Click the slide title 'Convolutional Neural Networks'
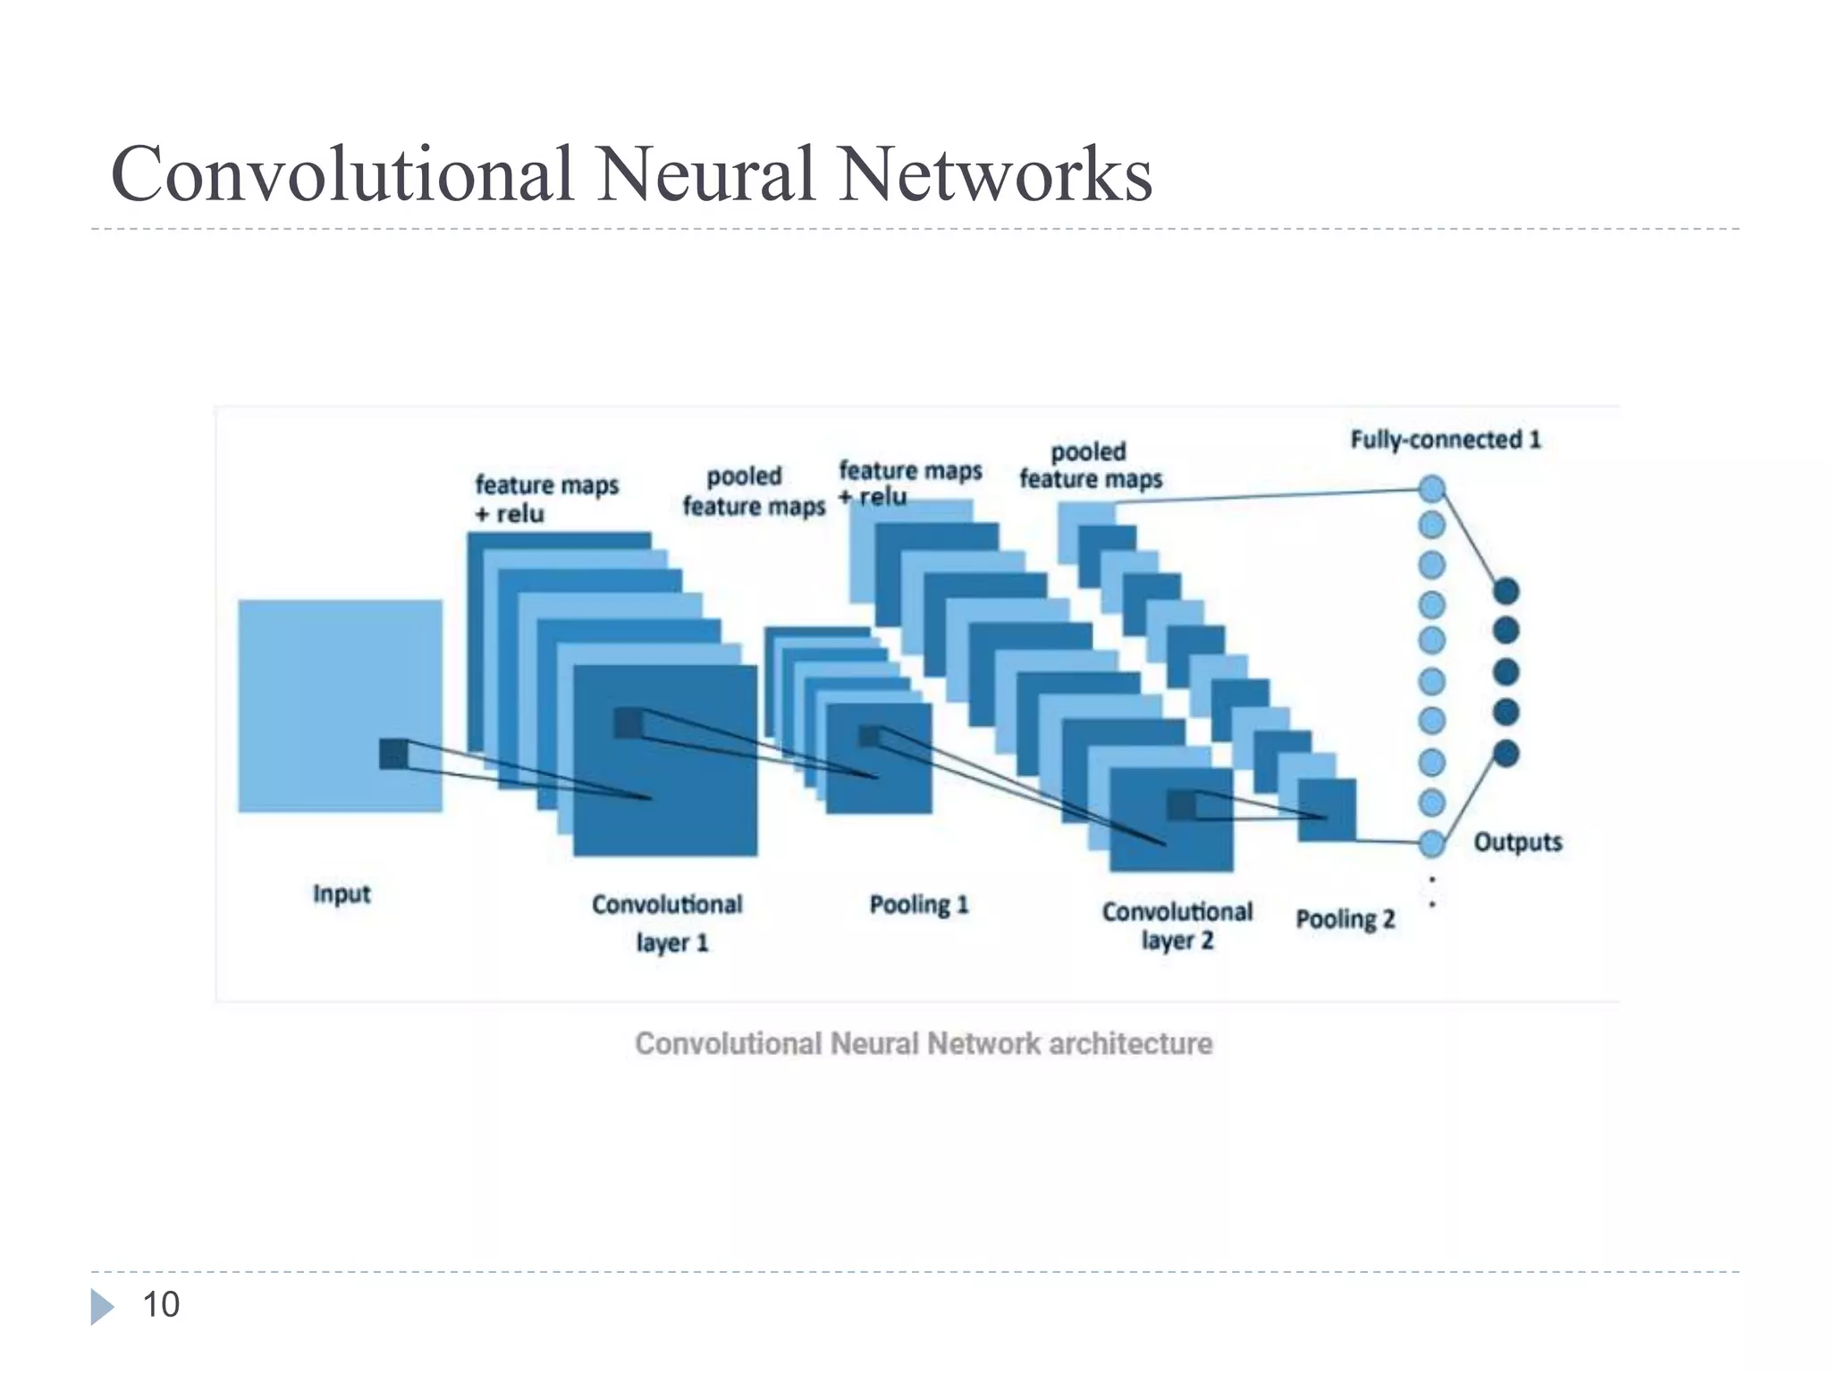pyautogui.click(x=631, y=173)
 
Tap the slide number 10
pyautogui.click(x=161, y=1305)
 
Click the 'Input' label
pyautogui.click(x=342, y=894)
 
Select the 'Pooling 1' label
pyautogui.click(x=919, y=905)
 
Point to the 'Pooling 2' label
pyautogui.click(x=1346, y=919)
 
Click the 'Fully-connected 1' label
pyautogui.click(x=1446, y=440)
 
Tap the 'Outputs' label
pyautogui.click(x=1517, y=842)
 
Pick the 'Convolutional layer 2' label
pyautogui.click(x=1177, y=925)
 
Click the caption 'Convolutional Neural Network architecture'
pyautogui.click(x=924, y=1043)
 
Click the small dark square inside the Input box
pyautogui.click(x=393, y=754)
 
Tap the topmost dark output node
pyautogui.click(x=1506, y=591)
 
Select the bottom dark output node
pyautogui.click(x=1506, y=754)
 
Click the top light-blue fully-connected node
pyautogui.click(x=1432, y=489)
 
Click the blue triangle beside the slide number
pyautogui.click(x=102, y=1306)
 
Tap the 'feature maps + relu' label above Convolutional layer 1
pyautogui.click(x=545, y=499)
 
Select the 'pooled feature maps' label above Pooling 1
pyautogui.click(x=752, y=491)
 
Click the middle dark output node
pyautogui.click(x=1506, y=671)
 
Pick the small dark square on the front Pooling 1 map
pyautogui.click(x=870, y=736)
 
